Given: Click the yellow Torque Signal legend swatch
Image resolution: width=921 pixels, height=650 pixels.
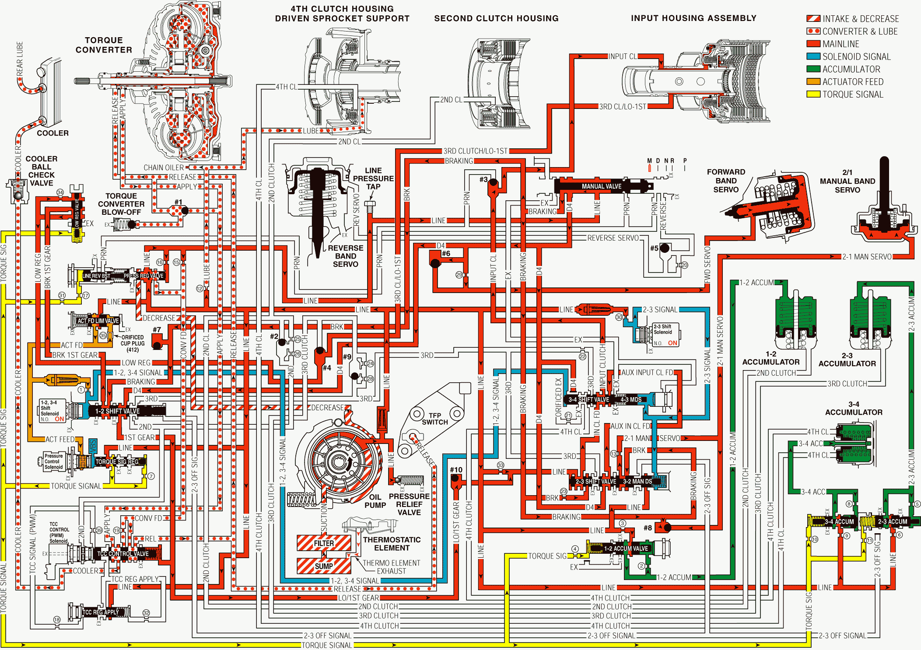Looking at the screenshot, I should pos(813,94).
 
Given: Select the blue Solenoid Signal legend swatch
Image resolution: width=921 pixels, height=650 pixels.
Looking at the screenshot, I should pos(813,56).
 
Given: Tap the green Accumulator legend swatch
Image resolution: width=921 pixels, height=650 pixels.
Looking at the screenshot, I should pos(813,69).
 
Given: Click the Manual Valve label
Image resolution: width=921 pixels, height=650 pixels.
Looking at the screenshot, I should pos(601,186).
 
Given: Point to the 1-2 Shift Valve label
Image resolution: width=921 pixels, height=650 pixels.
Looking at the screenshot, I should pos(117,411).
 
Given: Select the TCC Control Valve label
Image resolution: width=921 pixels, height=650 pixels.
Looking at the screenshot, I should pos(123,554).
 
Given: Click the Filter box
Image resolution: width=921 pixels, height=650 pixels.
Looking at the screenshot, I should pos(324,543).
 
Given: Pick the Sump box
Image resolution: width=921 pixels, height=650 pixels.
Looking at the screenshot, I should pos(324,566).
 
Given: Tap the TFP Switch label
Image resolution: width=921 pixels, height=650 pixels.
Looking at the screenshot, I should pos(434,419).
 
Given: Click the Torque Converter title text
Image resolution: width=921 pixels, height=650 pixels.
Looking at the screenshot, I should pos(104,45).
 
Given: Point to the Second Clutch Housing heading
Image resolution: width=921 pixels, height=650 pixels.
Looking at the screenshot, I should pos(496,18).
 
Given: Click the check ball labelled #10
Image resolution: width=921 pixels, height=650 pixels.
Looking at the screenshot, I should pos(455,478).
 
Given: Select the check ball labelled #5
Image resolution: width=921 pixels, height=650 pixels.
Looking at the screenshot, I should pos(665,248).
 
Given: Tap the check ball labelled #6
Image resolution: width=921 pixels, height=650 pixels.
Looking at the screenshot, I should pos(435,263).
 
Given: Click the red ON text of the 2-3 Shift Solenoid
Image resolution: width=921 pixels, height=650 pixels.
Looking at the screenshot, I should pos(672,343).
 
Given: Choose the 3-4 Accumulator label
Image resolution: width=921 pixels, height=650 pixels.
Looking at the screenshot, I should pos(853,408).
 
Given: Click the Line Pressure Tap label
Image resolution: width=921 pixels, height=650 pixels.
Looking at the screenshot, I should pos(373,178).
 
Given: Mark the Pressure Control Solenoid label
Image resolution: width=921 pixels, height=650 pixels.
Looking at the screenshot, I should pos(53,461).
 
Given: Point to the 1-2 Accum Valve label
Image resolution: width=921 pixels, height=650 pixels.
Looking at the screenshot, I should pos(626,549).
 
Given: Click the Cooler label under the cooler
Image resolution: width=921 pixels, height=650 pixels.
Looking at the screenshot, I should pos(53,133).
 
